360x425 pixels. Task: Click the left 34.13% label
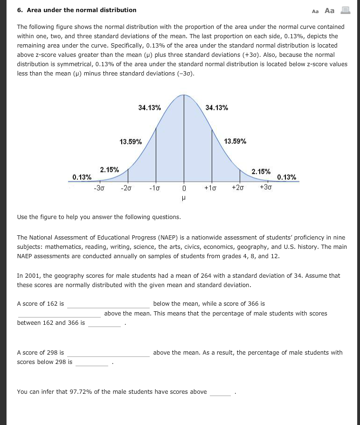pyautogui.click(x=150, y=108)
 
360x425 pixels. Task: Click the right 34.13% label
pyautogui.click(x=217, y=108)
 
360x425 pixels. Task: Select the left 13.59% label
pyautogui.click(x=131, y=142)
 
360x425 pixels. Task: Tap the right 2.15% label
pyautogui.click(x=261, y=171)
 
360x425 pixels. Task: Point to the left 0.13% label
pyautogui.click(x=82, y=177)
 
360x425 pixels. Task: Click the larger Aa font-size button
pyautogui.click(x=330, y=10)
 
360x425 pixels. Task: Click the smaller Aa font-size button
pyautogui.click(x=315, y=11)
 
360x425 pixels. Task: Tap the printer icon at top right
pyautogui.click(x=345, y=10)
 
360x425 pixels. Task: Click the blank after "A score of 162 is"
pyautogui.click(x=108, y=304)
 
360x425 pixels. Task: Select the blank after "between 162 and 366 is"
pyautogui.click(x=104, y=323)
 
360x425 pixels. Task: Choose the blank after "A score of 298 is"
pyautogui.click(x=108, y=353)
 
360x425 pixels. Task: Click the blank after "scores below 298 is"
pyautogui.click(x=92, y=362)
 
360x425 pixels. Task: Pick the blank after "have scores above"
pyautogui.click(x=221, y=392)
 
